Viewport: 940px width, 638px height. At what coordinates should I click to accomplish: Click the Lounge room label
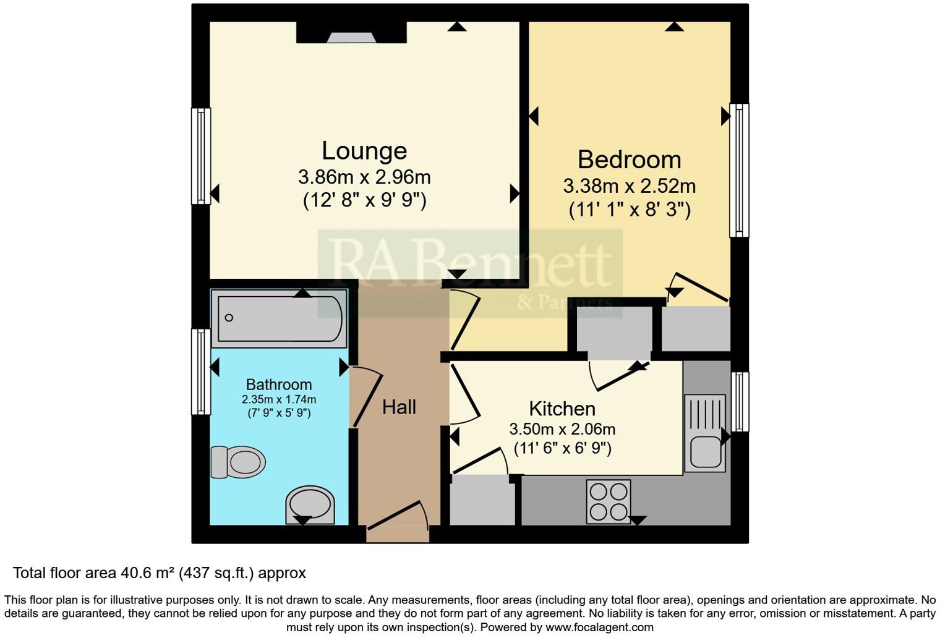point(364,151)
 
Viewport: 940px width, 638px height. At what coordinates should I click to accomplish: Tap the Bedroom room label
point(629,159)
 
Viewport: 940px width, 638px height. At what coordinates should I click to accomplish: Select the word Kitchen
point(562,409)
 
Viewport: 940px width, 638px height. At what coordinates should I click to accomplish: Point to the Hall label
point(399,407)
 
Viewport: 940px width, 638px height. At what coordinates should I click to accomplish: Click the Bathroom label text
point(279,385)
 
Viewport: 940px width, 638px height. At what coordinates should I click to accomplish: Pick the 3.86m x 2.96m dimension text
point(364,177)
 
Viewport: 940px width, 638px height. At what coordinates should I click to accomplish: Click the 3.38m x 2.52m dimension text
point(629,185)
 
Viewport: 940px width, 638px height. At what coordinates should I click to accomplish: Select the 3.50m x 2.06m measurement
point(562,429)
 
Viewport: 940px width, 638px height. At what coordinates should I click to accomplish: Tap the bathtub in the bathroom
point(280,318)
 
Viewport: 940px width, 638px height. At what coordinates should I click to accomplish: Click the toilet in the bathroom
point(238,462)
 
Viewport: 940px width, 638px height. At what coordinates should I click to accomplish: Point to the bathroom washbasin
point(310,504)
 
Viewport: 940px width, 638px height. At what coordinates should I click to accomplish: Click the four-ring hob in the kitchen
point(609,501)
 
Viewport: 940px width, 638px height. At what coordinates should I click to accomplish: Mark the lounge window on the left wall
point(201,156)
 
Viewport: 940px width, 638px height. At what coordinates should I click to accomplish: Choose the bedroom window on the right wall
point(739,170)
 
